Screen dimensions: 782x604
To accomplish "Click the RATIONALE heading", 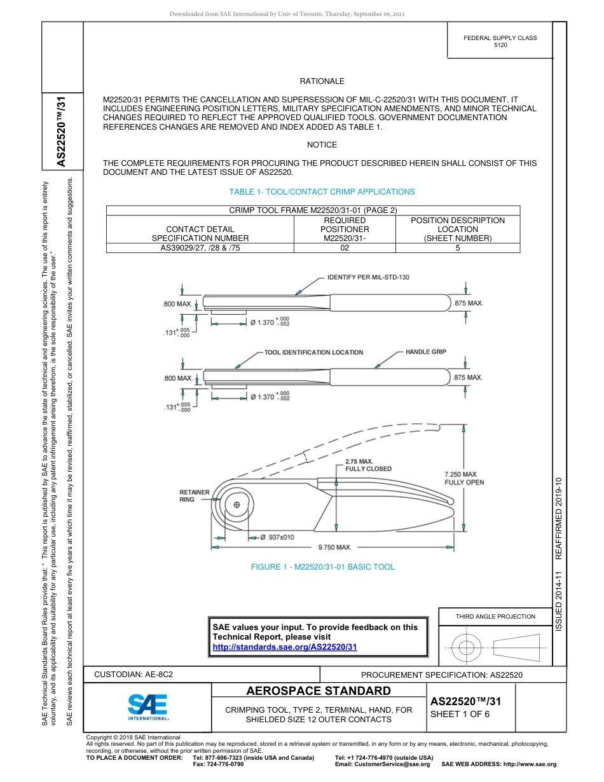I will [x=322, y=81].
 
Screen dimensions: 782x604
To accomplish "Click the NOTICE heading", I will [x=322, y=145].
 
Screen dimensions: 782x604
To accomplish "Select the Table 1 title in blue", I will [x=322, y=191].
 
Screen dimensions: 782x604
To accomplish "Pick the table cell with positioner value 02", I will [x=345, y=248].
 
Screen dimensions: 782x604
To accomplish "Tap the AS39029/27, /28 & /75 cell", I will [x=200, y=248].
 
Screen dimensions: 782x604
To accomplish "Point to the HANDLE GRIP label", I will [x=425, y=352].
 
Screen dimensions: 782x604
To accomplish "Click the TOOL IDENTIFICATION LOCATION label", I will [x=313, y=352].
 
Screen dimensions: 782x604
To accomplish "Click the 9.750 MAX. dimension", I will [x=335, y=547].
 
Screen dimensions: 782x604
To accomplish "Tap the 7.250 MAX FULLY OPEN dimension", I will [x=464, y=478].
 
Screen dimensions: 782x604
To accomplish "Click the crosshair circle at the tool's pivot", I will [x=237, y=505].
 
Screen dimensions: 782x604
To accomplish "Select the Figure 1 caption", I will [x=322, y=567].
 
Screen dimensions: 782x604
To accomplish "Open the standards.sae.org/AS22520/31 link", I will [x=284, y=647].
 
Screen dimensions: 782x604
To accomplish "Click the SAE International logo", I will [x=148, y=707].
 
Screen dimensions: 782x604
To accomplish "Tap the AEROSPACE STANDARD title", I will [x=319, y=691].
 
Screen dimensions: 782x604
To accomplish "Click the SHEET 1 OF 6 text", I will [x=456, y=714].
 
